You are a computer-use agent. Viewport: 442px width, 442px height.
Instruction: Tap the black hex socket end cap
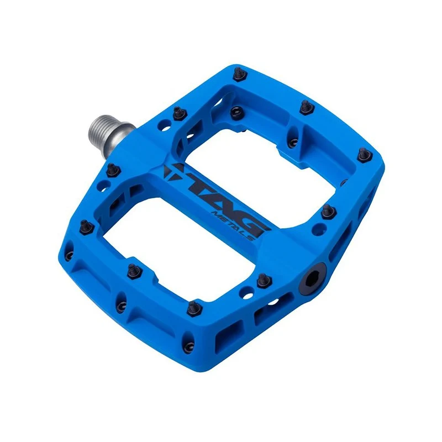point(312,279)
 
